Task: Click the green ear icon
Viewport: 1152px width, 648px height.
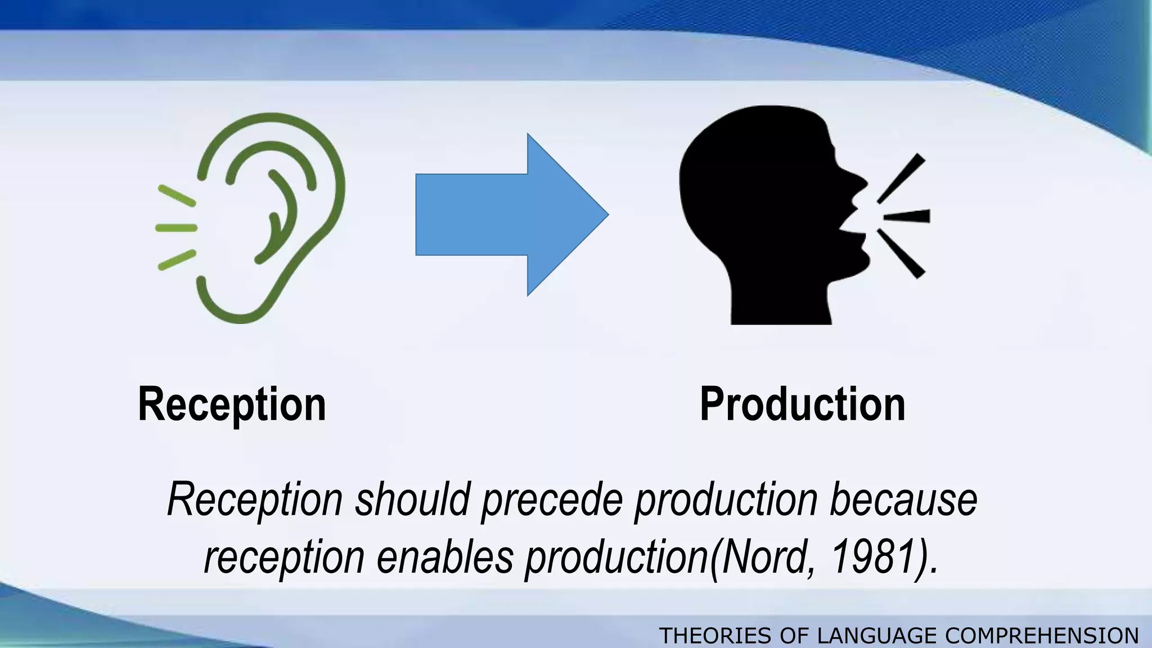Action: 270,219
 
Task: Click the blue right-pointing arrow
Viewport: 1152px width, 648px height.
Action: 506,214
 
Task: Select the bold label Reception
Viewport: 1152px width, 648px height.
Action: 232,404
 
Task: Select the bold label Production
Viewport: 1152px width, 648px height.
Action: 802,404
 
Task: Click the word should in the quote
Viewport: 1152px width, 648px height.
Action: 412,499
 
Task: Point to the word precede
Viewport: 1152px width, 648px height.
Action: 552,499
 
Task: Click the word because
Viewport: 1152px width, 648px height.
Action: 903,499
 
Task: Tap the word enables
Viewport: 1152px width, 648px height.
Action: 444,557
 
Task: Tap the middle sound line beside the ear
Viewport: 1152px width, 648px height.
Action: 176,228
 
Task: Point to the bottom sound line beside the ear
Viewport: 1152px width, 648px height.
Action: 177,260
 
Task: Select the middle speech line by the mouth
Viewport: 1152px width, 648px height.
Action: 907,216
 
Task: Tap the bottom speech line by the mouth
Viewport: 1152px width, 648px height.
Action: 901,253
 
